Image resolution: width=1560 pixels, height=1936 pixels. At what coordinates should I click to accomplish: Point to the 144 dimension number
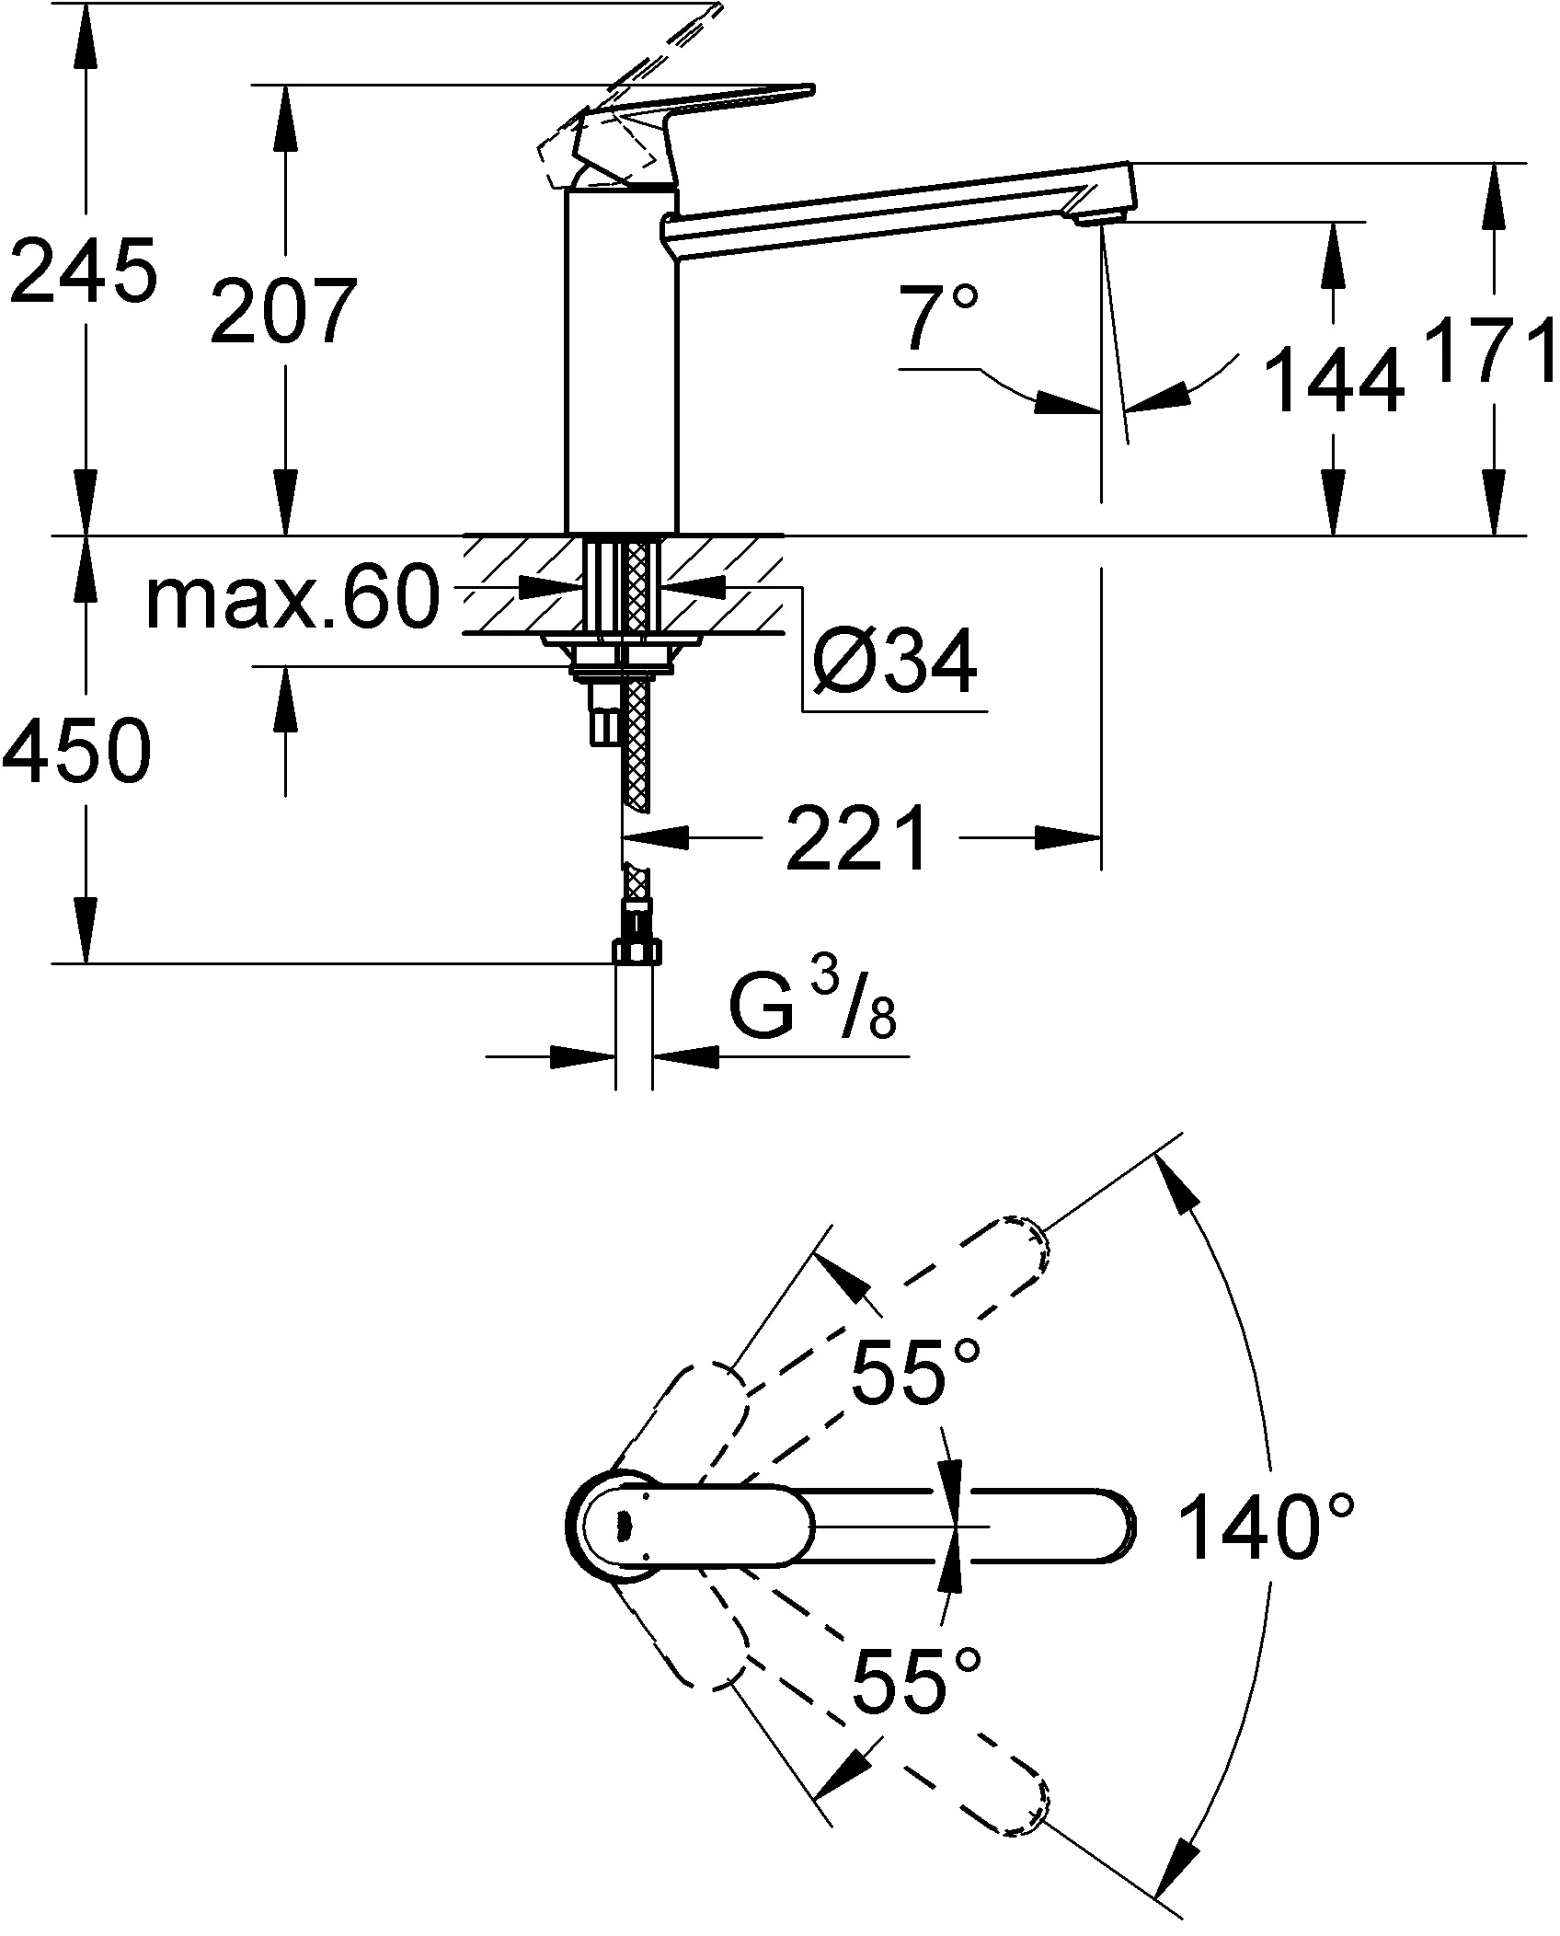[x=1335, y=379]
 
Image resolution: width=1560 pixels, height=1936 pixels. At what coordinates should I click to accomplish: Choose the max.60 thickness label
[x=292, y=599]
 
